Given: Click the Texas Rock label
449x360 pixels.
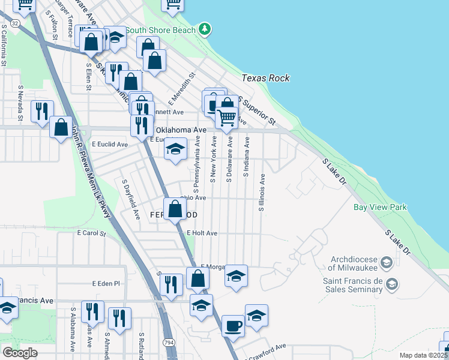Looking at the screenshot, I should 266,78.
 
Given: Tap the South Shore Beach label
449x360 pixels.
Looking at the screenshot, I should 161,30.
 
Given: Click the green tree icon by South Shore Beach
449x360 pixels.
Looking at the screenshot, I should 205,29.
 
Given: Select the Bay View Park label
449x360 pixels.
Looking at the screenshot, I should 380,208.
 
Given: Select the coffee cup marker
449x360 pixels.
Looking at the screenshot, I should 233,326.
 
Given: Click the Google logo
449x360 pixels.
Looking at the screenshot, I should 20,353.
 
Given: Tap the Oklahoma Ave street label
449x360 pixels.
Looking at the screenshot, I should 181,130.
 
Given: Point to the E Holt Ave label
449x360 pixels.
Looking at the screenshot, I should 202,233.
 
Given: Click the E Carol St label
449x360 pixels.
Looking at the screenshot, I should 91,233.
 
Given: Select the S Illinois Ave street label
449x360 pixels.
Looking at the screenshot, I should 262,193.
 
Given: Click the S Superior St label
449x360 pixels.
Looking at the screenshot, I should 257,110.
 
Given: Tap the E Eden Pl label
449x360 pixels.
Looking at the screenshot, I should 106,283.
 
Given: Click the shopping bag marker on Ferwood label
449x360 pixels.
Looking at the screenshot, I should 175,210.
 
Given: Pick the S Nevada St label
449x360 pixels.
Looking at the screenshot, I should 20,103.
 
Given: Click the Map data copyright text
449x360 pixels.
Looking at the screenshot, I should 424,355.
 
